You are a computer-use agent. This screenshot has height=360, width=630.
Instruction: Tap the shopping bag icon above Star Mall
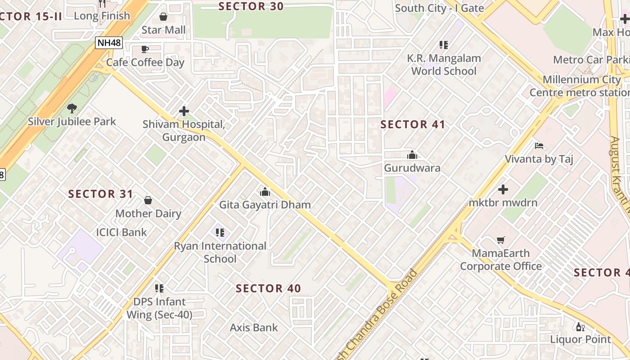tap(163, 17)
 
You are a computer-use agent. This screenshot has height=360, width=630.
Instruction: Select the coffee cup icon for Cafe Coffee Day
tap(145, 49)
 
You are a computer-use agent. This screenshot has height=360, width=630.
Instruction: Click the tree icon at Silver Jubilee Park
tap(72, 108)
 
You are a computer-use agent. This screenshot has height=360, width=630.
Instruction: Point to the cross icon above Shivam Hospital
tap(184, 111)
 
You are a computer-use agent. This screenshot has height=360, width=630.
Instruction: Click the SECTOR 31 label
tap(101, 194)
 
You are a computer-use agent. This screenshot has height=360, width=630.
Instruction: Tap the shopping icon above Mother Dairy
tap(148, 200)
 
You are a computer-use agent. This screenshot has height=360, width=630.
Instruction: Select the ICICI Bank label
tap(121, 232)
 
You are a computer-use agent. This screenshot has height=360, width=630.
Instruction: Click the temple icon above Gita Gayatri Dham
tap(265, 192)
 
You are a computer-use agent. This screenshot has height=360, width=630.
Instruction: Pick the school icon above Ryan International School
tap(220, 233)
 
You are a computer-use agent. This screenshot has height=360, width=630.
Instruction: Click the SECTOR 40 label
tap(268, 288)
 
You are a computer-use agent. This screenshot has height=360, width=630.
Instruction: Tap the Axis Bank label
tap(254, 328)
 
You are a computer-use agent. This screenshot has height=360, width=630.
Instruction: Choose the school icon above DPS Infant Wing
tap(159, 288)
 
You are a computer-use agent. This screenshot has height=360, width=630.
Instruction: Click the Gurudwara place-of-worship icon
tap(412, 155)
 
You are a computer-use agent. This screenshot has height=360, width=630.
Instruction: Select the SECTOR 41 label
tap(413, 125)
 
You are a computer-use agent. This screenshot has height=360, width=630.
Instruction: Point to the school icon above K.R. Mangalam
tap(444, 45)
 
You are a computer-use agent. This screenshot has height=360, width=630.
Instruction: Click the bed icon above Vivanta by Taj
tap(539, 146)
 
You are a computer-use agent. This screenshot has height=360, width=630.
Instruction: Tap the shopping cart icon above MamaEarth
tap(501, 240)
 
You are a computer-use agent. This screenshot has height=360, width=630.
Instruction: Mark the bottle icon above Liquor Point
tap(580, 327)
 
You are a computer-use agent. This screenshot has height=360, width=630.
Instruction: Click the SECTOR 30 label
tap(251, 6)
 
